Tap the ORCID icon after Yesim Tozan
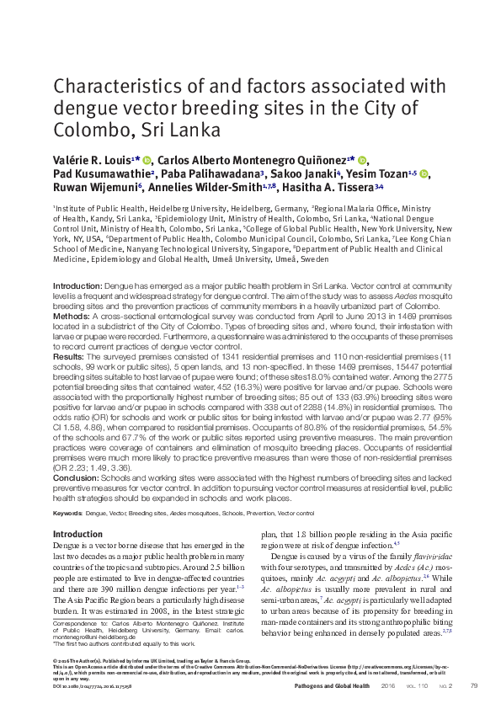click(x=424, y=173)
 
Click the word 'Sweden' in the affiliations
click(x=316, y=260)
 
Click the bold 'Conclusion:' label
click(x=74, y=477)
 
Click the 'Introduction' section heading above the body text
click(x=77, y=535)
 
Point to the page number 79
click(x=473, y=686)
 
